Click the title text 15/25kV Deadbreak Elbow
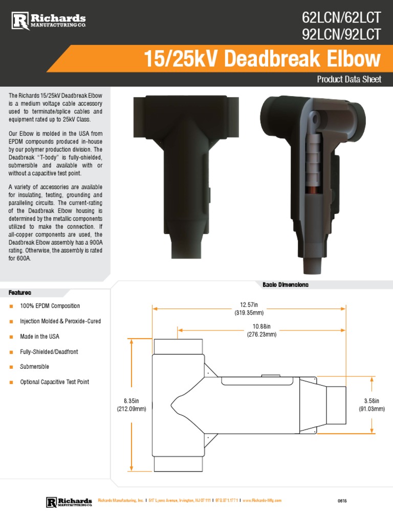[x=263, y=60]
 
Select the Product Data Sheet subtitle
[x=349, y=80]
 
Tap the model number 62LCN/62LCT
[x=341, y=18]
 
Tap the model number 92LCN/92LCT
[x=341, y=34]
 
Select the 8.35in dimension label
[x=132, y=405]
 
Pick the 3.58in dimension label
[x=372, y=405]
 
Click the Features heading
[x=20, y=293]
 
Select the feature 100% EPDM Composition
[x=50, y=306]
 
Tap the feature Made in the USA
[x=39, y=337]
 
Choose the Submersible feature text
[x=34, y=367]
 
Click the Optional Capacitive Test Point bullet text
[x=54, y=382]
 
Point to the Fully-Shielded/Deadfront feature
[x=49, y=352]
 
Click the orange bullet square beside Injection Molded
[x=11, y=321]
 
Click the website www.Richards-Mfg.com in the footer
[x=261, y=501]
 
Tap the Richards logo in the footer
[x=69, y=502]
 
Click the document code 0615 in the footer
[x=342, y=501]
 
